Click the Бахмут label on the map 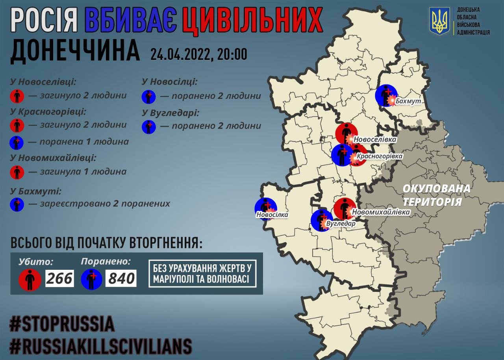point(409,102)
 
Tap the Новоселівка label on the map point(375,139)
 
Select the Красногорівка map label point(380,157)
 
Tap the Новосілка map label point(272,215)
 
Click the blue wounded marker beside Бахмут point(385,95)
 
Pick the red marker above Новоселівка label point(346,134)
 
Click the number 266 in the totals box point(60,278)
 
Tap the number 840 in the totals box point(121,278)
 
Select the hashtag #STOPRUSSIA point(62,324)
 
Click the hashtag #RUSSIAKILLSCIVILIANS point(101,346)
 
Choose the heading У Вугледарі point(170,113)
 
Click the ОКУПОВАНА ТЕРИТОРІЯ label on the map point(436,195)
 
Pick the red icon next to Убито point(30,279)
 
